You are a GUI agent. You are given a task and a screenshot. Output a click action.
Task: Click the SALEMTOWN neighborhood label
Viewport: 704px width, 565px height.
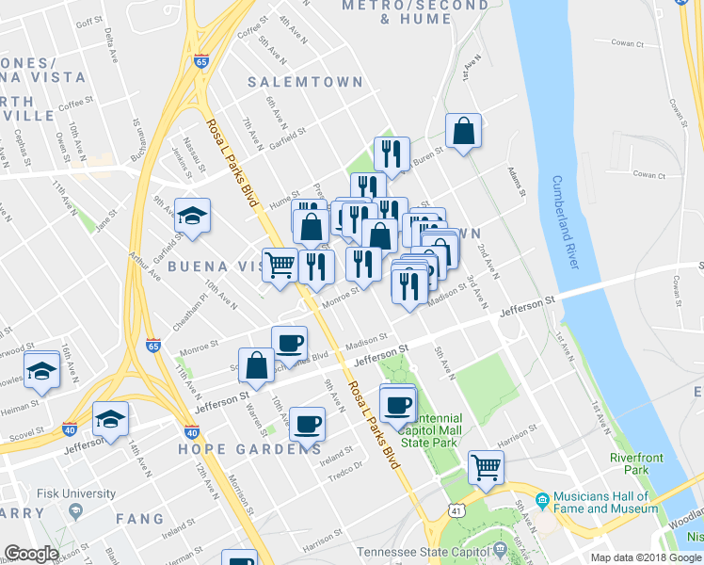pos(305,82)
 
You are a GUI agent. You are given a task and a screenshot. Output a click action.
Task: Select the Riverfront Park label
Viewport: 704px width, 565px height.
pos(630,462)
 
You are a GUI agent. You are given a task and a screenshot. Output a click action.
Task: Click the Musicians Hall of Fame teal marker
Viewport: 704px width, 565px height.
pos(541,500)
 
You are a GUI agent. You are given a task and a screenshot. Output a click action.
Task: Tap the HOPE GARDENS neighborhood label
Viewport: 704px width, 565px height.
pos(249,449)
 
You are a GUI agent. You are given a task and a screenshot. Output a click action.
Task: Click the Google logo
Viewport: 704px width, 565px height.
pos(31,554)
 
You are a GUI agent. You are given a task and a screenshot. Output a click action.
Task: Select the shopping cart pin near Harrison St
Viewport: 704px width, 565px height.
pos(486,467)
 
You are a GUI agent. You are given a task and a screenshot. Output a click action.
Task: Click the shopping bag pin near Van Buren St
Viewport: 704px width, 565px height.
pos(464,132)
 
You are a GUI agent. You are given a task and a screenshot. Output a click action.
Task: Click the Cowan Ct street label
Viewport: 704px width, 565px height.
pos(648,175)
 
